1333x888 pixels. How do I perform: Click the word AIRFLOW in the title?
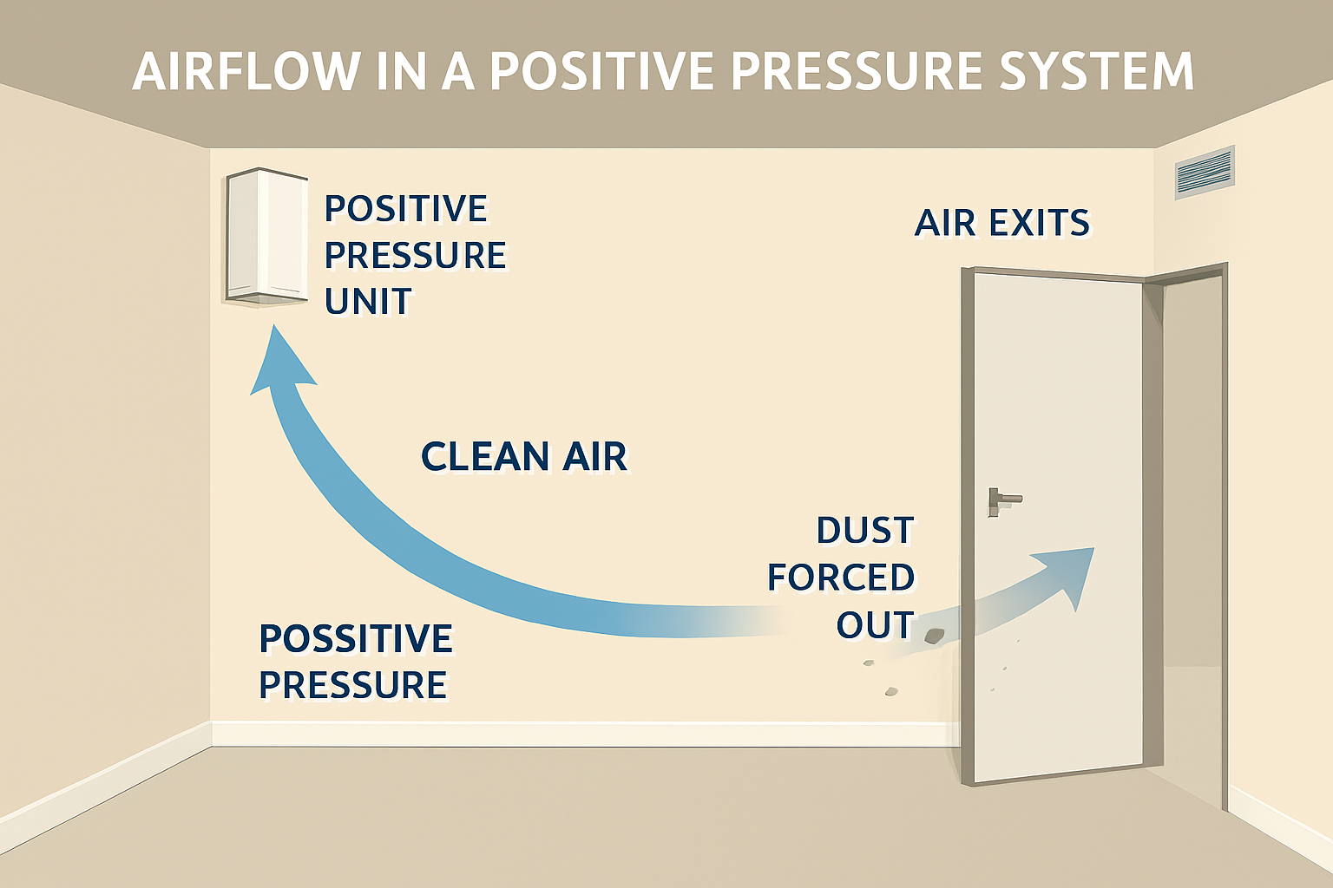[246, 72]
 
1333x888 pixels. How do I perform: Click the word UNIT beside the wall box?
[368, 302]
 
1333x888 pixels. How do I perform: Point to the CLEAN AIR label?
[523, 457]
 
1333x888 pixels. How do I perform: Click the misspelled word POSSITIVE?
[356, 639]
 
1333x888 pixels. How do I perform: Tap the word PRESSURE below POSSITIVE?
[352, 685]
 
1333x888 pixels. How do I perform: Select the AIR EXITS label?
[1002, 223]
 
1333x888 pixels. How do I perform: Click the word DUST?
[865, 531]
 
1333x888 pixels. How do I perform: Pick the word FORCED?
[841, 578]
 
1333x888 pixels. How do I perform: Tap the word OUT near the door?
[875, 624]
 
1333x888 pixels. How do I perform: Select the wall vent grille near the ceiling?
[1204, 172]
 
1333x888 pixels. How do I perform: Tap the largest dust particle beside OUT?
[934, 637]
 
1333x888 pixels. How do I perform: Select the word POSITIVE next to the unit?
[406, 209]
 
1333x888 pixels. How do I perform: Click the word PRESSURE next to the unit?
[415, 256]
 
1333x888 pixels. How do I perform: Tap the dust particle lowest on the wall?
[890, 691]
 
